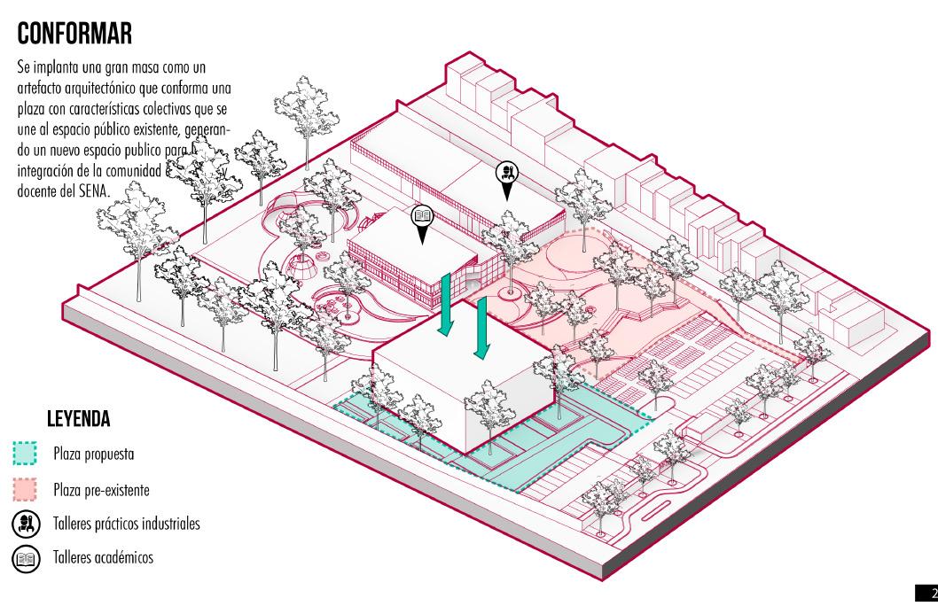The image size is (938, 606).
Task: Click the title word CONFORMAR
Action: coord(74,34)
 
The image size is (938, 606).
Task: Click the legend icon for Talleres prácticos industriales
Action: coord(25,523)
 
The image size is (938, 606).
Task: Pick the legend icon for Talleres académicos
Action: coord(25,557)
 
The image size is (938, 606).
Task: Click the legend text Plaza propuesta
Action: coord(94,454)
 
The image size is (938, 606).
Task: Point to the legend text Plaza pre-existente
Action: coord(101,489)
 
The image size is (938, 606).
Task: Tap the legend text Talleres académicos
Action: coord(104,558)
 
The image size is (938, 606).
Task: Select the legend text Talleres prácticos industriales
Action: coord(127,524)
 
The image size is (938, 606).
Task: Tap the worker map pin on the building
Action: coord(506,175)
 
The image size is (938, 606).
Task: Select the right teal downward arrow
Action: coord(481,328)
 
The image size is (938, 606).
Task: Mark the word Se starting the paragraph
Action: coord(22,68)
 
